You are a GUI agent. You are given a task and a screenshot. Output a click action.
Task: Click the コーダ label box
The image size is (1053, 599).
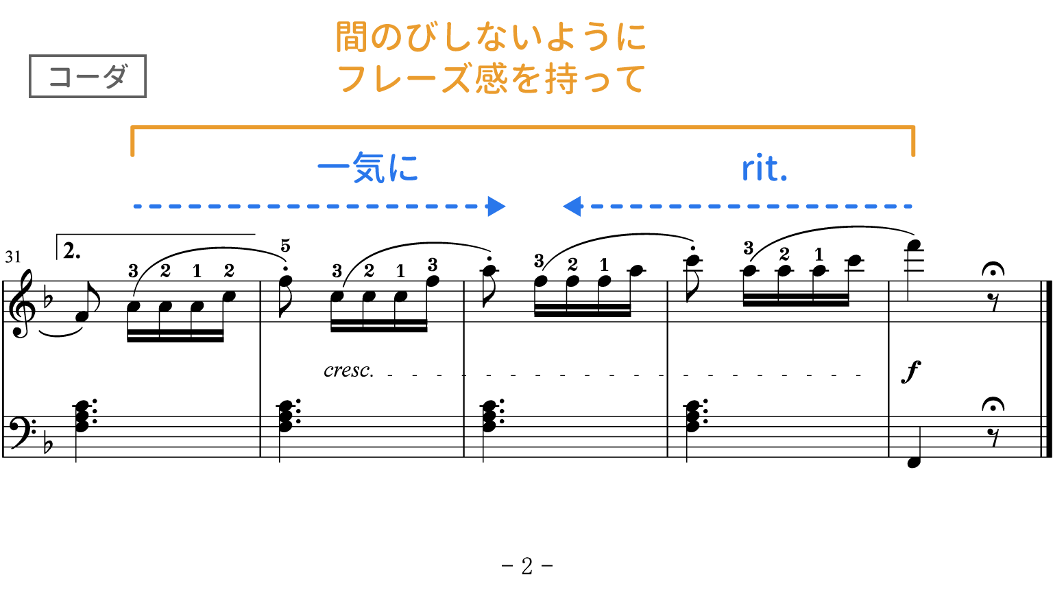click(88, 76)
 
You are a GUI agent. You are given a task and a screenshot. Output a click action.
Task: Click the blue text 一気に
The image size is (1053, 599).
click(368, 168)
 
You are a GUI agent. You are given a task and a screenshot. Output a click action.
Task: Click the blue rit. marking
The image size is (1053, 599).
click(764, 169)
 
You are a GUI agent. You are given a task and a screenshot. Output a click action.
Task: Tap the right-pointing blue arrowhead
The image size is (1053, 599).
click(497, 206)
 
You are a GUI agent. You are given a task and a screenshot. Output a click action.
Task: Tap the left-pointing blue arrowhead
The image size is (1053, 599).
click(570, 206)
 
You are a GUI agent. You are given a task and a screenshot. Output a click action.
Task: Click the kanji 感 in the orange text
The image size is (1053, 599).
click(491, 79)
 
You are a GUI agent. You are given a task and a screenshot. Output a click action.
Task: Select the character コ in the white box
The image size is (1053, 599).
click(60, 77)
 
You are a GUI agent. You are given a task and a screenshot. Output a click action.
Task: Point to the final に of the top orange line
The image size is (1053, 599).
click(631, 37)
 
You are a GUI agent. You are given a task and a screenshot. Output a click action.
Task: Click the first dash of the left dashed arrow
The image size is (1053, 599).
click(137, 206)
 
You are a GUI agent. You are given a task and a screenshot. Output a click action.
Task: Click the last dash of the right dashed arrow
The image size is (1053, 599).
click(908, 206)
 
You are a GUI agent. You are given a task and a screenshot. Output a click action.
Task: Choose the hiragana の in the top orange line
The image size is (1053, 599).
click(387, 38)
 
